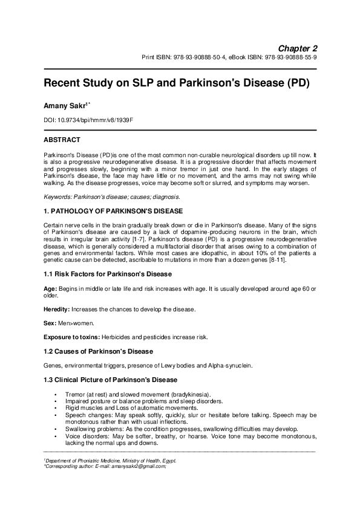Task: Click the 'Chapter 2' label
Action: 298,48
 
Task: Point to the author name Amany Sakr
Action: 67,106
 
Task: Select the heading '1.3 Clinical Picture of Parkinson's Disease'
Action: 110,380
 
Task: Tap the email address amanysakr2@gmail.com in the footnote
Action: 140,467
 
